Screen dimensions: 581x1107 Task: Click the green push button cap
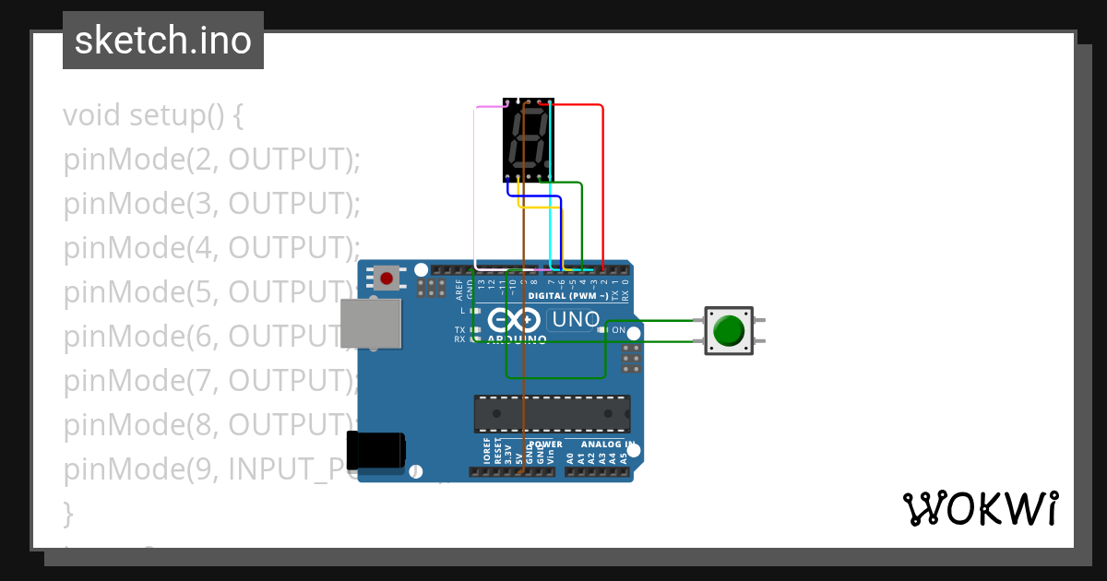(x=729, y=330)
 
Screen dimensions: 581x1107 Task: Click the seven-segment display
(x=529, y=139)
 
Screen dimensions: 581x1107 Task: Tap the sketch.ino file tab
(x=163, y=41)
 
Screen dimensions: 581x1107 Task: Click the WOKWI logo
(x=980, y=509)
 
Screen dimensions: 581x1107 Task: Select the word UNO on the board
(x=573, y=320)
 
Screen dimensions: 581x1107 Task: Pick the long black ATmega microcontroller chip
(x=552, y=413)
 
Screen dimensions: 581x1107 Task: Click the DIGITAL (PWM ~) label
(x=568, y=296)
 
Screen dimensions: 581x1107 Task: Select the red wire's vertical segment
(x=602, y=184)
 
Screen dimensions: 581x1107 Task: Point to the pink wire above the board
(x=489, y=107)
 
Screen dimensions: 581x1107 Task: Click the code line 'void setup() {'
(x=152, y=116)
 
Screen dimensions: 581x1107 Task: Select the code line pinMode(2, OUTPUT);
(x=211, y=160)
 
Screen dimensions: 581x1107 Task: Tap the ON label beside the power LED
(x=618, y=330)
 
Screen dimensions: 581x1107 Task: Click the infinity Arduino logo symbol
(x=513, y=321)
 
